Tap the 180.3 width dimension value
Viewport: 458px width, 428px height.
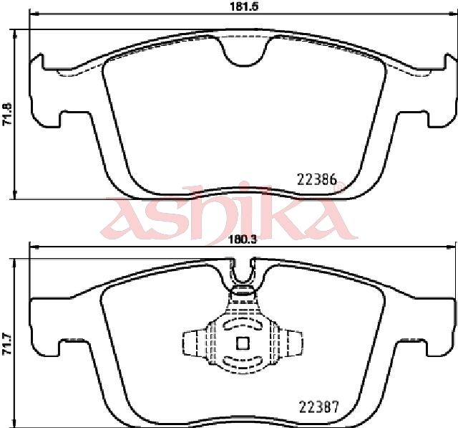tap(243, 240)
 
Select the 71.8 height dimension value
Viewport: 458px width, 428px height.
tap(6, 114)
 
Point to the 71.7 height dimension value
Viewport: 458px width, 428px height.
tap(6, 344)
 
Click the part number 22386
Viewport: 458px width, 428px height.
tap(317, 179)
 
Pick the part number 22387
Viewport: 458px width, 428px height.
tap(319, 406)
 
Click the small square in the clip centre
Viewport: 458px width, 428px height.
tap(243, 343)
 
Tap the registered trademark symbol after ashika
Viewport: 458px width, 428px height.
tap(341, 186)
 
